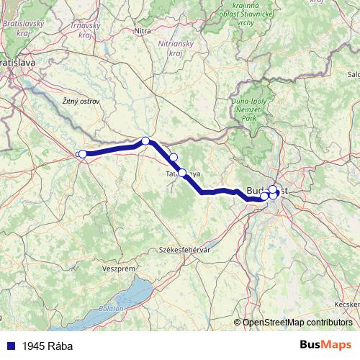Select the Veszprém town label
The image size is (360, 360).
tap(120, 269)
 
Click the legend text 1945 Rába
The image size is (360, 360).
tap(48, 346)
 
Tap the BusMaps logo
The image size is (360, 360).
tap(326, 345)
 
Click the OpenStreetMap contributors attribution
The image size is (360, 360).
tap(297, 323)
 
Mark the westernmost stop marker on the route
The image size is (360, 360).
tap(83, 154)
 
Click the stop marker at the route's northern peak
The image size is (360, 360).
tap(145, 141)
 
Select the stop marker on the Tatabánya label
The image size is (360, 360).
tap(182, 173)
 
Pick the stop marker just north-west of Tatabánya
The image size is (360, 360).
tap(173, 157)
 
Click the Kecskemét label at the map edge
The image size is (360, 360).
tap(348, 305)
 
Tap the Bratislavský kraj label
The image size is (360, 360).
tap(22, 28)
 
